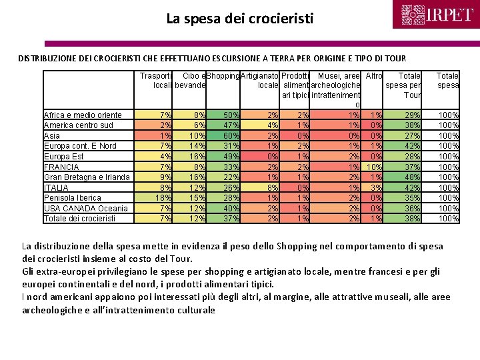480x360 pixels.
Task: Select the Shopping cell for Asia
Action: coord(223,135)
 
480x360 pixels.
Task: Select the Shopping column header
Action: coord(223,76)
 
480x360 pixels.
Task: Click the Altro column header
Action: coord(374,76)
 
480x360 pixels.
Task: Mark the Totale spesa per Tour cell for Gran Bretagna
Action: coord(404,177)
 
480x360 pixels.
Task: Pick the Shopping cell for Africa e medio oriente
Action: coord(223,115)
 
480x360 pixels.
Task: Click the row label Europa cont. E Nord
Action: coord(79,146)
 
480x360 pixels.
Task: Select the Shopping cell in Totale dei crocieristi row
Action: coord(223,218)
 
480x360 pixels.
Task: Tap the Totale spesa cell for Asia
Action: coord(447,135)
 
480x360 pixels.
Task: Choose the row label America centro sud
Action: coord(78,125)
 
